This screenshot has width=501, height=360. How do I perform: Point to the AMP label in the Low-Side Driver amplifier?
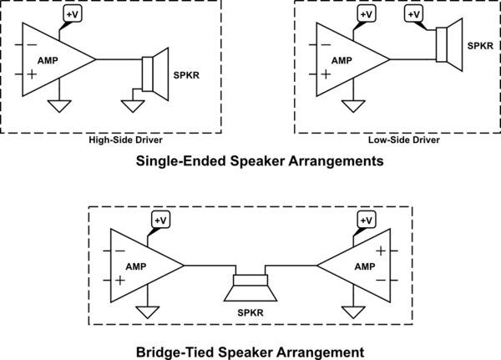pos(342,61)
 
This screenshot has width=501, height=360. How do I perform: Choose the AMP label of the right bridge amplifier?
pos(365,266)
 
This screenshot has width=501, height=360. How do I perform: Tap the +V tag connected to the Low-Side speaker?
pos(412,14)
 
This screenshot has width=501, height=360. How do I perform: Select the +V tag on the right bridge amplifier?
pos(366,219)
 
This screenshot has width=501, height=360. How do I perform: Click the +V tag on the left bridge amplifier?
pos(160,219)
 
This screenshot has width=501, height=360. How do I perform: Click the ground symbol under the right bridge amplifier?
pos(354,312)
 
